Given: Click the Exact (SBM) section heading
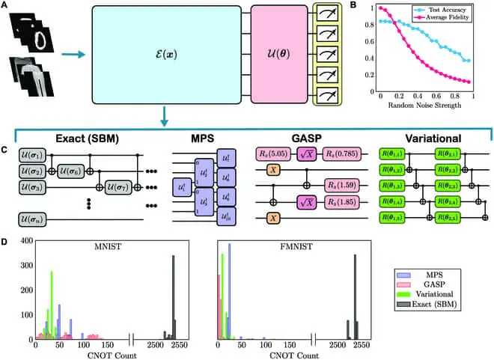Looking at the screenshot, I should (x=70, y=140).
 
